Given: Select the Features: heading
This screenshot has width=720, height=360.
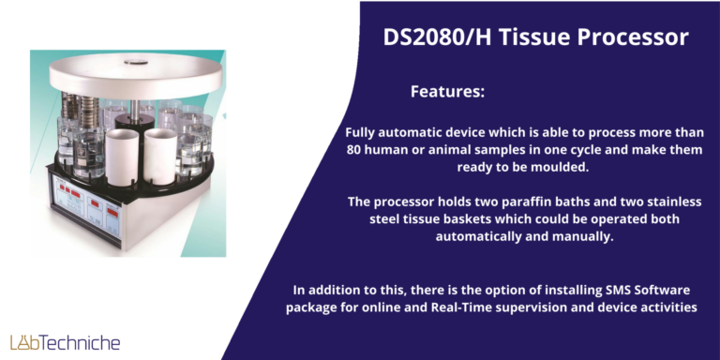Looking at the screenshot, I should coord(447,92).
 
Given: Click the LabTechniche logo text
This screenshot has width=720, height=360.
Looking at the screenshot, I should coord(66,342).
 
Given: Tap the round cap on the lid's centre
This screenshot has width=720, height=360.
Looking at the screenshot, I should coord(135,62).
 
